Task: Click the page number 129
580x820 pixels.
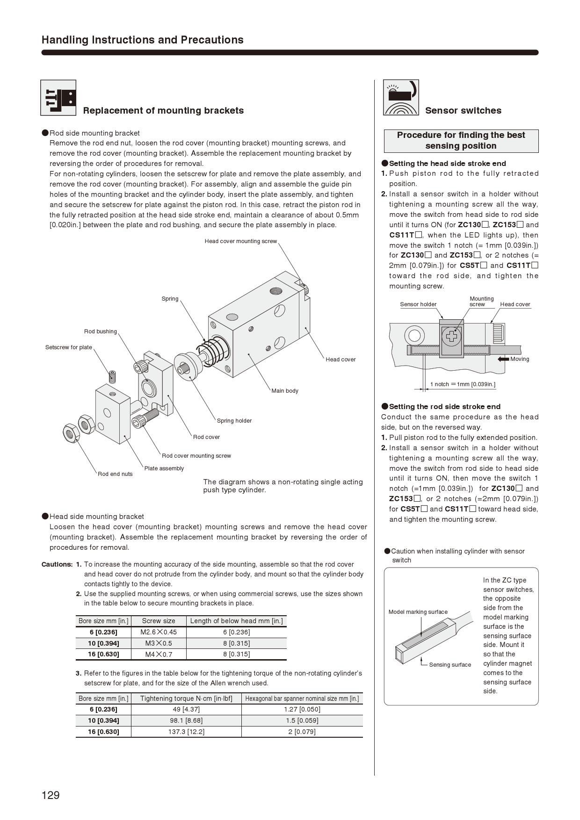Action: click(x=51, y=795)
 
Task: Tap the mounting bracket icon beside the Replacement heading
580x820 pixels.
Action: click(x=58, y=98)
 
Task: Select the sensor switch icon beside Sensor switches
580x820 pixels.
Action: click(x=401, y=97)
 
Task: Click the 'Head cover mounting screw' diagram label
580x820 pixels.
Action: click(x=240, y=241)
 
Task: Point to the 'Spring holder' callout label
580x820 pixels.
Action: click(x=234, y=421)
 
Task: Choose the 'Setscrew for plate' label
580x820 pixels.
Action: click(x=68, y=347)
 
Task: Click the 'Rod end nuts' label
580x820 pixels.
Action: click(x=115, y=474)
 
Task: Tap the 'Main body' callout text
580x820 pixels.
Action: click(x=284, y=391)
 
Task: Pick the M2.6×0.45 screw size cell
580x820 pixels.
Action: click(x=159, y=632)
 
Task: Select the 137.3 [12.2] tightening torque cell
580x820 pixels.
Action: click(x=186, y=732)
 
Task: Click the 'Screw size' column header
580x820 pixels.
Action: click(x=159, y=621)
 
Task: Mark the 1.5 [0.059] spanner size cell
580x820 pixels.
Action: click(x=302, y=720)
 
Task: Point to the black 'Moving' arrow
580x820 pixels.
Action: click(x=503, y=359)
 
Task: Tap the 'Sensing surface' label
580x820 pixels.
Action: click(x=450, y=665)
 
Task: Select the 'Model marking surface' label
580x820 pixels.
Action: click(x=418, y=612)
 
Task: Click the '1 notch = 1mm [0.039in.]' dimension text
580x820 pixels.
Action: click(x=463, y=384)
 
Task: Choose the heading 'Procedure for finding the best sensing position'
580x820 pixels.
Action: click(x=461, y=141)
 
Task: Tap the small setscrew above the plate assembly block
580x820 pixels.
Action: click(x=112, y=376)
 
